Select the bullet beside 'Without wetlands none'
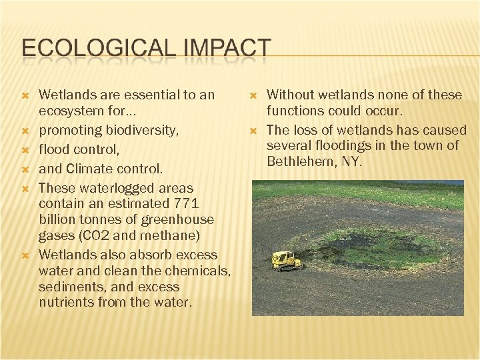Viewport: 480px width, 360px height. (x=252, y=95)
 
